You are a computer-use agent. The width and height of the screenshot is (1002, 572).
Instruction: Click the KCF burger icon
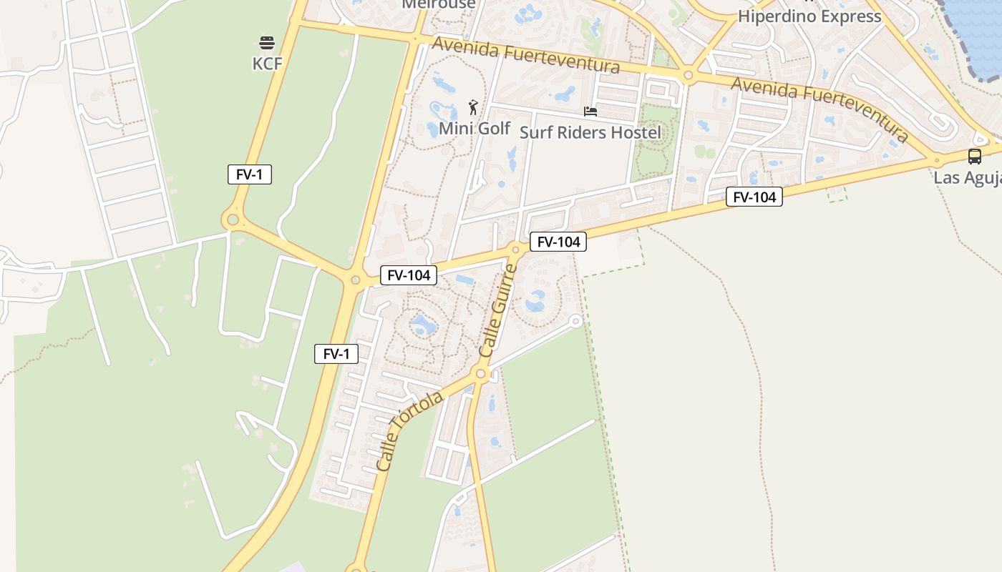tap(267, 43)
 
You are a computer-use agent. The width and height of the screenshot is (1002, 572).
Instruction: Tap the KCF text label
tap(267, 64)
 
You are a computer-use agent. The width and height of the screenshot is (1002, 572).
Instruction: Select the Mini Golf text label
tap(474, 129)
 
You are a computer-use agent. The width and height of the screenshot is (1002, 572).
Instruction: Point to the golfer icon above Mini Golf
tap(472, 108)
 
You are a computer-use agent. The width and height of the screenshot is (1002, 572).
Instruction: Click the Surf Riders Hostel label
tap(590, 132)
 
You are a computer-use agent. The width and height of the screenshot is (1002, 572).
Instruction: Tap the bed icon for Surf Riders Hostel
tap(590, 111)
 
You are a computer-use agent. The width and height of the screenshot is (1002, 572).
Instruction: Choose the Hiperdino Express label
tap(809, 16)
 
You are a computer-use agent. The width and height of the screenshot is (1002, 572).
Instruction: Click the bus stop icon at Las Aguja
tap(974, 157)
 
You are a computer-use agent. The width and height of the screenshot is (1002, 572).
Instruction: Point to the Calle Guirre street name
tap(497, 311)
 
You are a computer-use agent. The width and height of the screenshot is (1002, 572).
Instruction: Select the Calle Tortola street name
tap(409, 431)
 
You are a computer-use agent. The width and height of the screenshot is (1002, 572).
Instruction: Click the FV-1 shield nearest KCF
tap(250, 174)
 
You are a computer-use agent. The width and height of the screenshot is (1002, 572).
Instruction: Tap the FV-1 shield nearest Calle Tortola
tap(336, 353)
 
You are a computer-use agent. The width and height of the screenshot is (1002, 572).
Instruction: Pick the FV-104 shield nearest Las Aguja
tap(754, 197)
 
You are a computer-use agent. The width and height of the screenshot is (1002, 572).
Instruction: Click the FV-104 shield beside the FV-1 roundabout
tap(409, 275)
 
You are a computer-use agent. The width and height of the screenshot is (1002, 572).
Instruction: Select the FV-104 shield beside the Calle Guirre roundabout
tap(558, 242)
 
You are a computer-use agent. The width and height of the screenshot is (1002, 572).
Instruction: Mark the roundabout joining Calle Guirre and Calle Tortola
tap(481, 373)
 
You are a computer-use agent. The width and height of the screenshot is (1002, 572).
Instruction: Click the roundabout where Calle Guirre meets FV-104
tap(515, 250)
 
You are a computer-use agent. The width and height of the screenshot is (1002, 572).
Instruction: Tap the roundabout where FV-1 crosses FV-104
tap(355, 280)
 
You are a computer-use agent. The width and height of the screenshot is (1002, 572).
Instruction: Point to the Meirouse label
tap(439, 4)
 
